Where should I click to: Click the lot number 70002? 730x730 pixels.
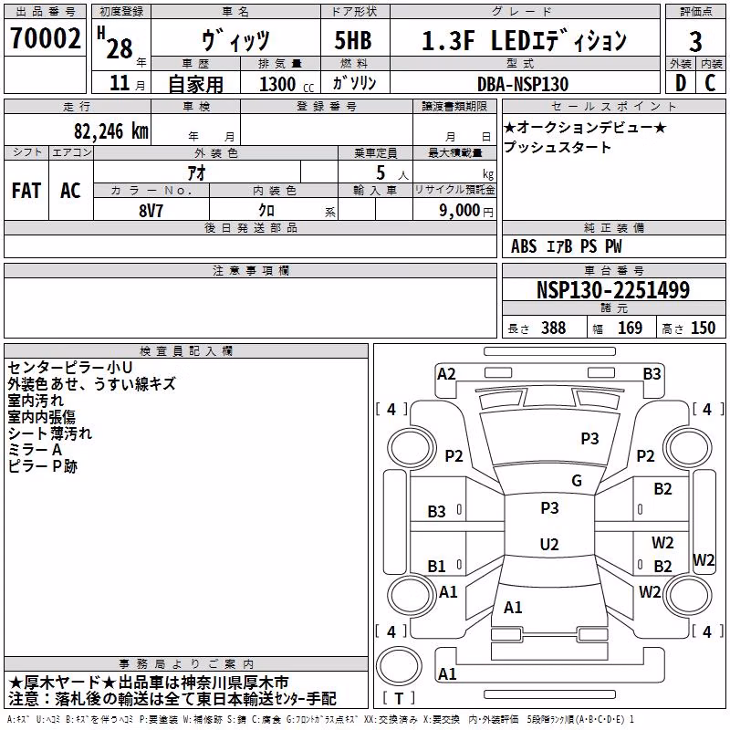(x=46, y=37)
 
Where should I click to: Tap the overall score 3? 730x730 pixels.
(x=695, y=41)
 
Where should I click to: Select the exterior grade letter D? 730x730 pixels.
(x=681, y=83)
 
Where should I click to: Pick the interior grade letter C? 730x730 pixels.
(x=710, y=83)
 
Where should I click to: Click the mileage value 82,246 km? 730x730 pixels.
(x=111, y=131)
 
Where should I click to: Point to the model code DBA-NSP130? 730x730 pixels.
(x=523, y=84)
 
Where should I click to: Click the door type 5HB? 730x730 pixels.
(x=353, y=40)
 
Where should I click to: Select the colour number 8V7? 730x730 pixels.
(x=151, y=211)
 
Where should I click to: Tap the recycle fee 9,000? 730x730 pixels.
(x=459, y=211)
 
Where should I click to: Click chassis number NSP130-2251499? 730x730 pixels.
(x=613, y=290)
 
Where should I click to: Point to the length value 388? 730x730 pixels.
(x=554, y=328)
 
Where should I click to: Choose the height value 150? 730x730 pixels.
(x=703, y=328)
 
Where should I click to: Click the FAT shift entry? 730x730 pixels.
(x=26, y=191)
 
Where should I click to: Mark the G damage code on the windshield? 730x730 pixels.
(x=577, y=481)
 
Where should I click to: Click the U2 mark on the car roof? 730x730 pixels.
(x=549, y=544)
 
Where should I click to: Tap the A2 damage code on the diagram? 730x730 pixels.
(x=446, y=374)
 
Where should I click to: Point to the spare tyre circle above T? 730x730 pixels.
(x=399, y=665)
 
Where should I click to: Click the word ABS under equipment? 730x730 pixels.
(x=524, y=246)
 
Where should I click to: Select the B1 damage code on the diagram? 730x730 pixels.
(x=436, y=566)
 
